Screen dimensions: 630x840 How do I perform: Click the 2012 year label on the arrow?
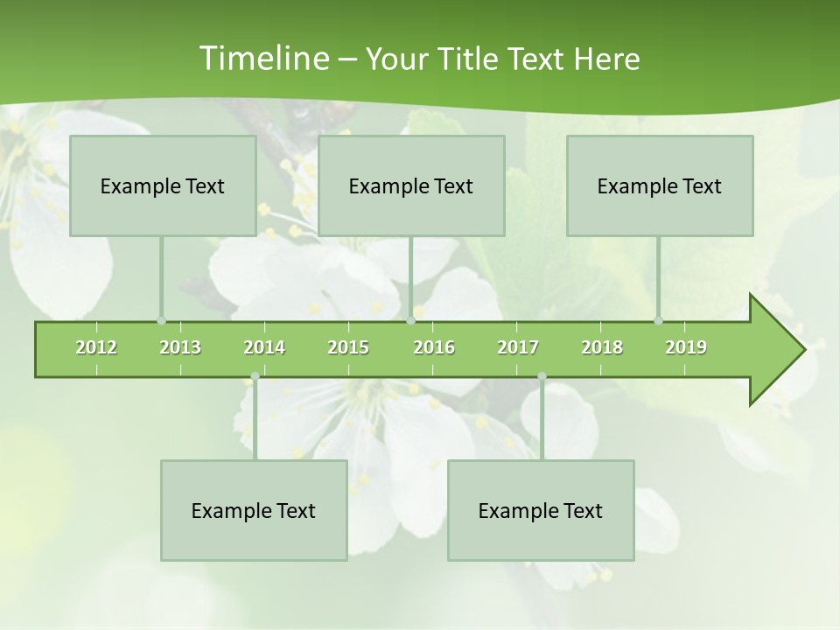coord(96,347)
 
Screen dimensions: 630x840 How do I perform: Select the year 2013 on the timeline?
coord(180,347)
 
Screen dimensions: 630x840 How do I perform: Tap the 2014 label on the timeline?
coord(264,347)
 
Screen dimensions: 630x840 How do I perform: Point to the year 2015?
coord(348,347)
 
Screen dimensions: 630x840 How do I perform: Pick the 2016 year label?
coord(434,347)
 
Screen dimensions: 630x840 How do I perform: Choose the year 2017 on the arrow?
coord(518,347)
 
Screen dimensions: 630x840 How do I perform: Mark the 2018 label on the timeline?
coord(602,347)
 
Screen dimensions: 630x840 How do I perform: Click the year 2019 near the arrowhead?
coord(686,347)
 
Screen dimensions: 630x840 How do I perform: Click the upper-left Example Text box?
coord(163,185)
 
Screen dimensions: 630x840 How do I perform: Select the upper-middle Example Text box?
coord(411,185)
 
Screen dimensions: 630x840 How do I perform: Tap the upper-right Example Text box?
coord(660,185)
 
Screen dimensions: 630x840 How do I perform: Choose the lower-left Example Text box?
coord(254,510)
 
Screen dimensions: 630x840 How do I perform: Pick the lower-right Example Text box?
coord(541,510)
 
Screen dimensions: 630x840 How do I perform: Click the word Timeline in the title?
coord(262,59)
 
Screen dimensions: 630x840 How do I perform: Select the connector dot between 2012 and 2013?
coord(161,321)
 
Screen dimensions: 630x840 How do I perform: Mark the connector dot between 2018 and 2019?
coord(658,321)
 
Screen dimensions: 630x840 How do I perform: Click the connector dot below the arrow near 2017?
coord(542,376)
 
